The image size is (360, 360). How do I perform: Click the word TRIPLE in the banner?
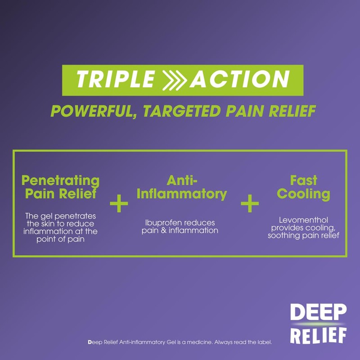[115, 80]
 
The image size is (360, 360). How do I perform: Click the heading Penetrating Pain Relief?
[61, 187]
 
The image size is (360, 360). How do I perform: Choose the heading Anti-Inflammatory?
[181, 187]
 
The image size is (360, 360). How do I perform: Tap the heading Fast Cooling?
[303, 187]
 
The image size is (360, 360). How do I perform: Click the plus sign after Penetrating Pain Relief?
[119, 203]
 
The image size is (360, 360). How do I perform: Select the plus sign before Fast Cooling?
[250, 203]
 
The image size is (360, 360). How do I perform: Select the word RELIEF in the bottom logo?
[318, 335]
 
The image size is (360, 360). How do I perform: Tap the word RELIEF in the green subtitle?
[288, 111]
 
